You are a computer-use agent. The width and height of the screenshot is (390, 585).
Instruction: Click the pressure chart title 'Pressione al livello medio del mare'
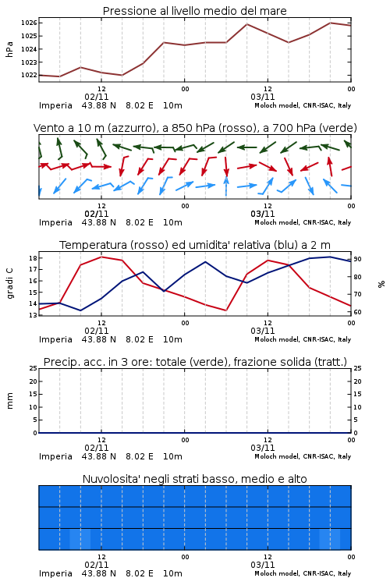pyautogui.click(x=194, y=11)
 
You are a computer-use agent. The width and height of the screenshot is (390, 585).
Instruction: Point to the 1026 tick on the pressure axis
pyautogui.click(x=29, y=23)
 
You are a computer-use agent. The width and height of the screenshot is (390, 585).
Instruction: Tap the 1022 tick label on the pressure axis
pyautogui.click(x=29, y=76)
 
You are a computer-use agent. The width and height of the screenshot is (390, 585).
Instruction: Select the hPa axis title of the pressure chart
pyautogui.click(x=9, y=49)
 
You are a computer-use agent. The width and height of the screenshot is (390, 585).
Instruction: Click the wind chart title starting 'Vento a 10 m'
pyautogui.click(x=195, y=128)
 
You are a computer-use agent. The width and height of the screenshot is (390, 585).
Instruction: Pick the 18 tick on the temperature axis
pyautogui.click(x=33, y=258)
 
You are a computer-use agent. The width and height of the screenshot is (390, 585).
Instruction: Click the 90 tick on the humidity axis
pyautogui.click(x=357, y=259)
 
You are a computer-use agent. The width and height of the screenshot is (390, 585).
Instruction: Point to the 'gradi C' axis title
pyautogui.click(x=10, y=284)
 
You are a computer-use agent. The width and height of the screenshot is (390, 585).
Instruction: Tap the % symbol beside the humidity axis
pyautogui.click(x=381, y=284)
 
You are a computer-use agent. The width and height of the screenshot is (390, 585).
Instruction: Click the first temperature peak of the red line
pyautogui.click(x=101, y=257)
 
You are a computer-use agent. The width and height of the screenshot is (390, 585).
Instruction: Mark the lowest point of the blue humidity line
pyautogui.click(x=80, y=310)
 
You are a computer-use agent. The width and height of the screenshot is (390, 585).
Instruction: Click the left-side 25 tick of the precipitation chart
pyautogui.click(x=33, y=368)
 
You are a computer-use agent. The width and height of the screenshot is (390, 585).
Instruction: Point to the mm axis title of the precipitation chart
pyautogui.click(x=9, y=401)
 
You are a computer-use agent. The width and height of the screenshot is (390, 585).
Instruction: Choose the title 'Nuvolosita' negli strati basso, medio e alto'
pyautogui.click(x=194, y=479)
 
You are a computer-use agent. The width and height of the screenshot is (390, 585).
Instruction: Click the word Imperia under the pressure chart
pyautogui.click(x=55, y=105)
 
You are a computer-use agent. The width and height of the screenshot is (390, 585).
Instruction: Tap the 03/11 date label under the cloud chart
pyautogui.click(x=263, y=565)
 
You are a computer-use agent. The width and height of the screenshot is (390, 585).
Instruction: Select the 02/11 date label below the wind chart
pyautogui.click(x=97, y=214)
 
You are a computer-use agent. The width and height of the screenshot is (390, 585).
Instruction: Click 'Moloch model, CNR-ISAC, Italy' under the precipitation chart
pyautogui.click(x=303, y=456)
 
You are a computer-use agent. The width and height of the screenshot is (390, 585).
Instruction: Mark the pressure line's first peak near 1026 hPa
pyautogui.click(x=246, y=24)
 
